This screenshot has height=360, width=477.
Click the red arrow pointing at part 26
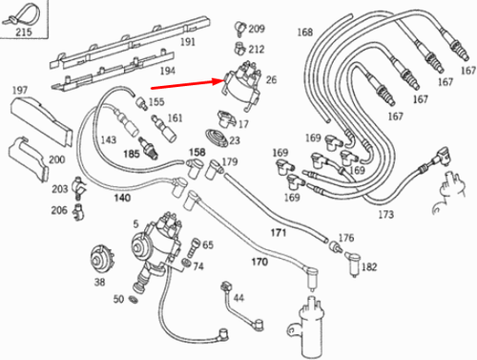[188, 84]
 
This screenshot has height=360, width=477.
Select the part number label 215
[24, 32]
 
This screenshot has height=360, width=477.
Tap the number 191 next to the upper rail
[188, 42]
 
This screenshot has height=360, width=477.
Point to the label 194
[168, 71]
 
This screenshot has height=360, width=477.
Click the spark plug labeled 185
[148, 148]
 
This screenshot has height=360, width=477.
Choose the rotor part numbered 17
[226, 118]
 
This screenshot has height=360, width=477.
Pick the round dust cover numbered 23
[217, 138]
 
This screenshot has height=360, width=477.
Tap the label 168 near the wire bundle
[305, 32]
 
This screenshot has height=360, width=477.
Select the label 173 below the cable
[385, 214]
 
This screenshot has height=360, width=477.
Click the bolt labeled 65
[193, 247]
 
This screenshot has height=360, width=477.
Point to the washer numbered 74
[186, 263]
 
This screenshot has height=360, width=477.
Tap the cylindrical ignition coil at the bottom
[309, 328]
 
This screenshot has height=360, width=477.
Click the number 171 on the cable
[279, 233]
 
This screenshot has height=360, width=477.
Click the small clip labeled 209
[240, 28]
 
